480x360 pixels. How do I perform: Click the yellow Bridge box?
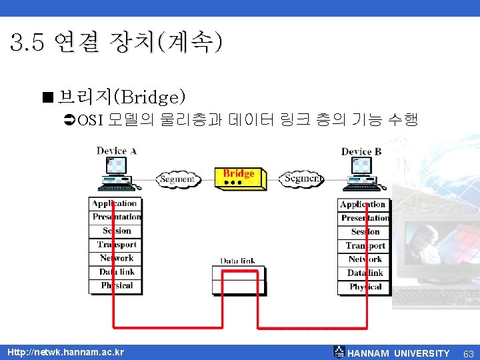(x=241, y=177)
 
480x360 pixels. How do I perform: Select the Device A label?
(x=117, y=151)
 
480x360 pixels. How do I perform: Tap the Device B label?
(x=361, y=151)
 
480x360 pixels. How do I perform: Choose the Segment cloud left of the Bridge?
(x=177, y=179)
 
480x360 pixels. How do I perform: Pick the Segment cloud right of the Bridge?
(x=303, y=179)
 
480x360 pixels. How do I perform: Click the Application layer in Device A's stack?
(x=115, y=203)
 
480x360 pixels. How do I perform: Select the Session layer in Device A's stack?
(x=115, y=231)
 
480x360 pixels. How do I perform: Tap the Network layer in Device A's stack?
(x=115, y=258)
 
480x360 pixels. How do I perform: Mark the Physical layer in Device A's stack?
(x=115, y=285)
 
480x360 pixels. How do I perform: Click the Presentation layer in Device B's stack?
(x=364, y=218)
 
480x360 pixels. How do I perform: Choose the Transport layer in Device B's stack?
(x=364, y=245)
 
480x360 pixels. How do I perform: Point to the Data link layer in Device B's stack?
(x=364, y=273)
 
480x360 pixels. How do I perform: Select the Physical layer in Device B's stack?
(x=364, y=287)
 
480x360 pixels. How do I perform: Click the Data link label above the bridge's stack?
(x=237, y=261)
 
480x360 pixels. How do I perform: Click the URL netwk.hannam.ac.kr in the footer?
(x=65, y=352)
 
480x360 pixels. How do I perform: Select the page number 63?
(x=468, y=353)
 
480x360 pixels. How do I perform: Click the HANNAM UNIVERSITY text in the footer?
(x=399, y=353)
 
